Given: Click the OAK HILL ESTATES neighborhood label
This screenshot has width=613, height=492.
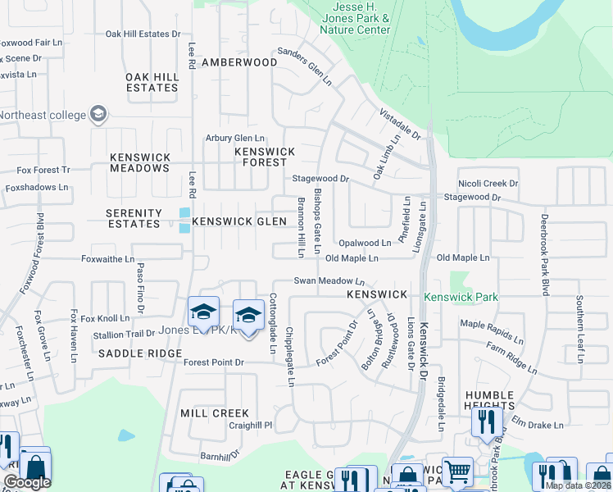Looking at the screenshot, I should point(152,82).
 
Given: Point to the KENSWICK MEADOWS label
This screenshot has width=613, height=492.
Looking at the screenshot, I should point(140,162).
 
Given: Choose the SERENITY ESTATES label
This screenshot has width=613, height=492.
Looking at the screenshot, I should point(134,218).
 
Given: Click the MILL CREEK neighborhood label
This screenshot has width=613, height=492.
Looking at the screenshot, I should point(214,413).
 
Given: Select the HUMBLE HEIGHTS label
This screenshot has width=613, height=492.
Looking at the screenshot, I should point(489,401).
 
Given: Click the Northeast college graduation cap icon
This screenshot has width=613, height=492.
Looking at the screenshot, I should point(99,113).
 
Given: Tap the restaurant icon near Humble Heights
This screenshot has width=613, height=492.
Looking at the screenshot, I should point(488,421).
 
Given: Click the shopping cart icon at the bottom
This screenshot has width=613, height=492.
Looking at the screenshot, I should point(457,471).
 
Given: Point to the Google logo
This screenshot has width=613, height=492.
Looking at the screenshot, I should point(27,483).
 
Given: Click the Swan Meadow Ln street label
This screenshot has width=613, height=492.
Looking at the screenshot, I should point(329,281).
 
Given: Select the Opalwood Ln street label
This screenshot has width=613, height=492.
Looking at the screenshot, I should point(365,244).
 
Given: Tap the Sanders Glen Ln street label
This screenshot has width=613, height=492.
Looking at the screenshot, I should point(305,66).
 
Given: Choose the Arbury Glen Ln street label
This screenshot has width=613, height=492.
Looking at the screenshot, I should point(235,139).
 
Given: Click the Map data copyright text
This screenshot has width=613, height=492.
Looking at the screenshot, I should point(578,485).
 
